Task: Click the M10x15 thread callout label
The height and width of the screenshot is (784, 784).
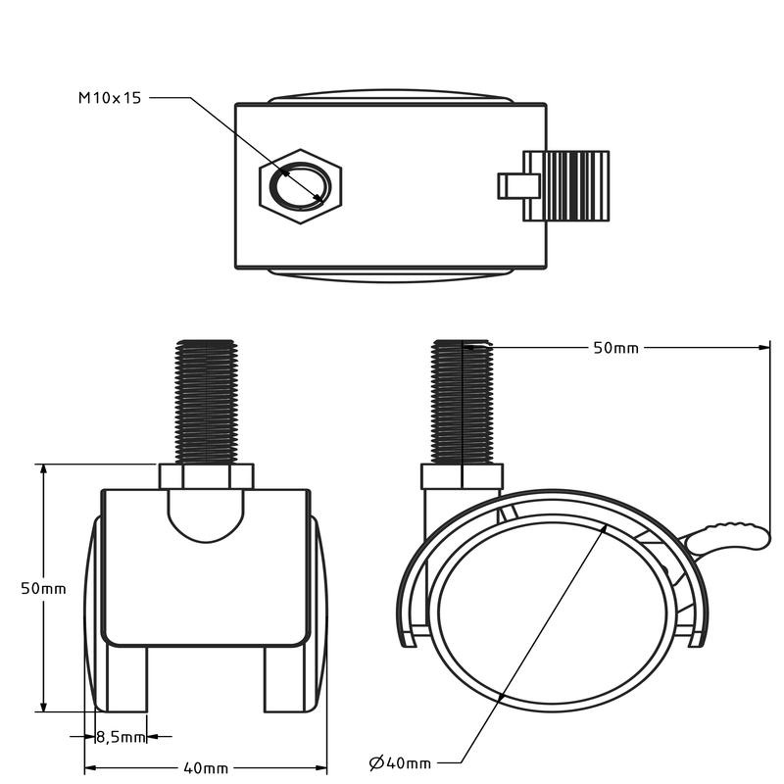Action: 110,98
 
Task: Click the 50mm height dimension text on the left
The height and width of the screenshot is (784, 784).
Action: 43,588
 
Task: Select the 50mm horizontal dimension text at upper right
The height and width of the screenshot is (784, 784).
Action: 615,347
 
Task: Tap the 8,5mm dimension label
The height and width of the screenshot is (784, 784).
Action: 121,736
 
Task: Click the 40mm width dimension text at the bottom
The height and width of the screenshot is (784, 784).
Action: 205,767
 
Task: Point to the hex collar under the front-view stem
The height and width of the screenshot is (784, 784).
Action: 205,476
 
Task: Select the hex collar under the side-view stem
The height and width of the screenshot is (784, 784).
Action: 462,477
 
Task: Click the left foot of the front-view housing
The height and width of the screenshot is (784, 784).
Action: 126,678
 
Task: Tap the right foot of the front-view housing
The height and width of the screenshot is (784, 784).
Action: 284,678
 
